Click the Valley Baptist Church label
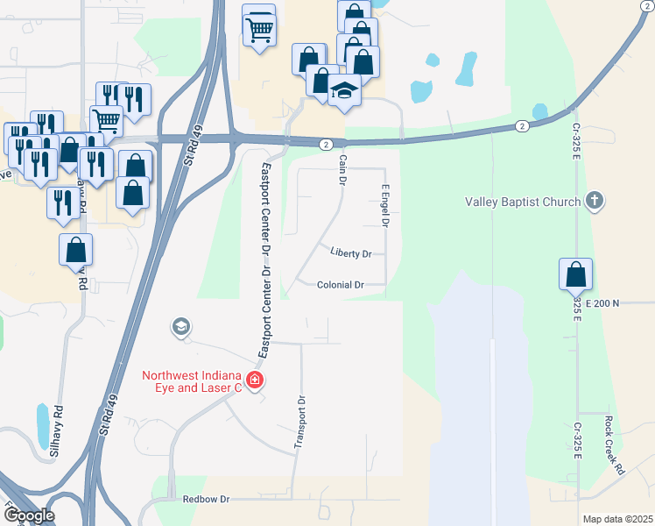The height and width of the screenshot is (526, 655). (522, 203)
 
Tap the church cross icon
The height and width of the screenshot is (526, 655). (595, 201)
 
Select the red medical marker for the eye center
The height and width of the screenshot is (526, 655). (255, 380)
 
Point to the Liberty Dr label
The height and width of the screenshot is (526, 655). (351, 253)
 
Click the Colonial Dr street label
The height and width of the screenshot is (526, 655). (341, 285)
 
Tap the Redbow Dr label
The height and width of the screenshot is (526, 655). (206, 499)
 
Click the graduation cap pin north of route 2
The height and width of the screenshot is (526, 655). (344, 92)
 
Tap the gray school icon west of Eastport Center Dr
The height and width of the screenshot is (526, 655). (180, 327)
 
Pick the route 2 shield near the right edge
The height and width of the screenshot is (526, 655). (521, 125)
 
